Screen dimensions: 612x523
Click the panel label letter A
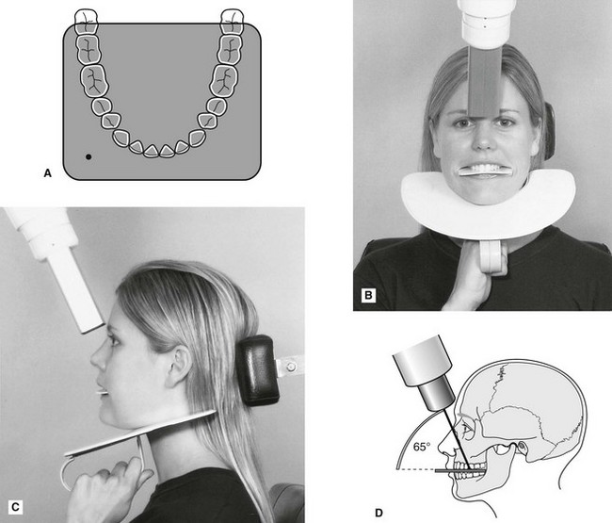(48, 172)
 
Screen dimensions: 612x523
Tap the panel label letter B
(368, 295)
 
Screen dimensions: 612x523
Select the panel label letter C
(15, 507)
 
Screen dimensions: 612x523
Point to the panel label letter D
(378, 513)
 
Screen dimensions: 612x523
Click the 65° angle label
(422, 447)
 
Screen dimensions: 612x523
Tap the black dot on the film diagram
(89, 157)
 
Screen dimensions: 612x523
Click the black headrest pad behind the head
(258, 370)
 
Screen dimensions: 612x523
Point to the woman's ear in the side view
(179, 365)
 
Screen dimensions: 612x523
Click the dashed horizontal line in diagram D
(416, 469)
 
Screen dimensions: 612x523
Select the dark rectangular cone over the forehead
(484, 81)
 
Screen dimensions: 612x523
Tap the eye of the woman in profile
(114, 340)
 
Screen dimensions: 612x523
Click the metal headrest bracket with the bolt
(290, 366)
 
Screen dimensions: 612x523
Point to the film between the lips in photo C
(103, 391)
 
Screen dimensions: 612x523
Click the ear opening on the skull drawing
(521, 446)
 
